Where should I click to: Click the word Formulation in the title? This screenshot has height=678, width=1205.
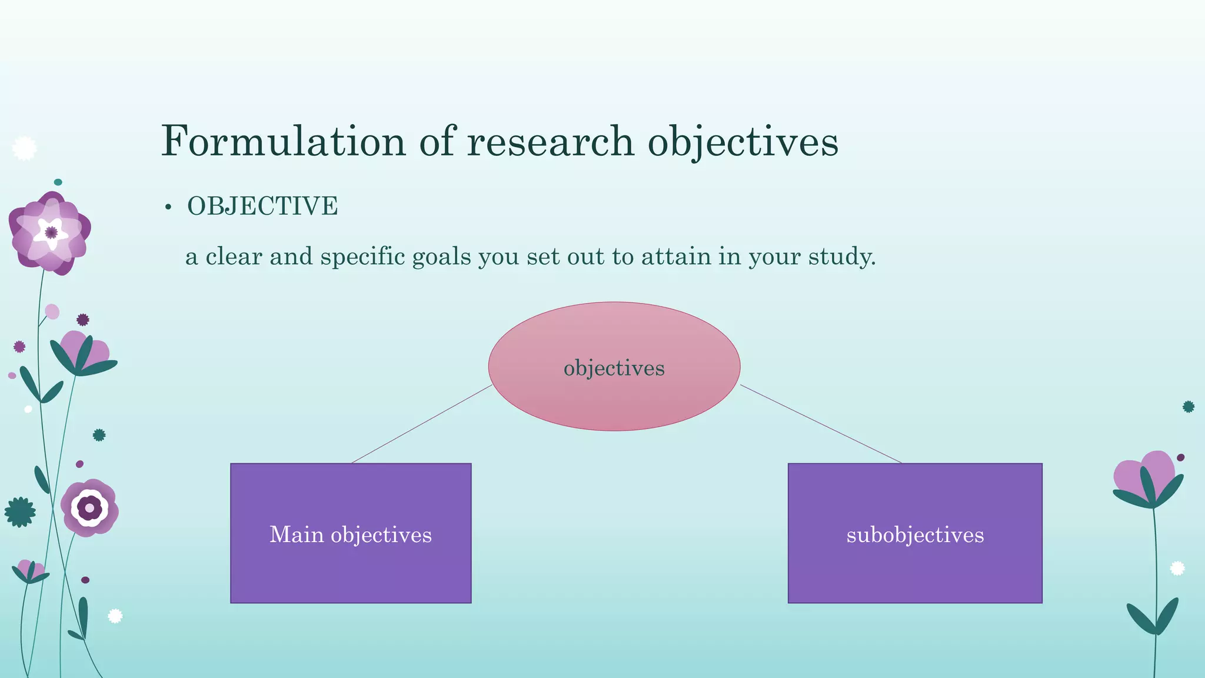[x=283, y=141]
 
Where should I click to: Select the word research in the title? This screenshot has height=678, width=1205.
[x=550, y=141]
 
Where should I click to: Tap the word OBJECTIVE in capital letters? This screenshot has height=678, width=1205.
[x=262, y=207]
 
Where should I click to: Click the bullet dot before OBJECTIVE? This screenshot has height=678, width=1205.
[x=168, y=208]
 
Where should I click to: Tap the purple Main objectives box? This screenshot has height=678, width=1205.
[x=351, y=565]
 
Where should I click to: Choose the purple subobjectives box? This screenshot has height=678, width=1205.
[x=915, y=565]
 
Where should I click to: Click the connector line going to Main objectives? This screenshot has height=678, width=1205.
[x=421, y=424]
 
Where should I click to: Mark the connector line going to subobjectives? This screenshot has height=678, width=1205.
[x=821, y=424]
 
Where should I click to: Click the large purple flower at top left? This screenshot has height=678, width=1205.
[x=51, y=232]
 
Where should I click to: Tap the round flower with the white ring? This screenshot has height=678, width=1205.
[x=89, y=507]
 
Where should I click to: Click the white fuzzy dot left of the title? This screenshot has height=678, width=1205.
[x=24, y=148]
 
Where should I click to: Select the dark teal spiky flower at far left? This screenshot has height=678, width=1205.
[x=20, y=512]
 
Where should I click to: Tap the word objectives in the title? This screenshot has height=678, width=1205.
[x=743, y=141]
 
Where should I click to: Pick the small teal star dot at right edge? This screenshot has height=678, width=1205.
[x=1188, y=407]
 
